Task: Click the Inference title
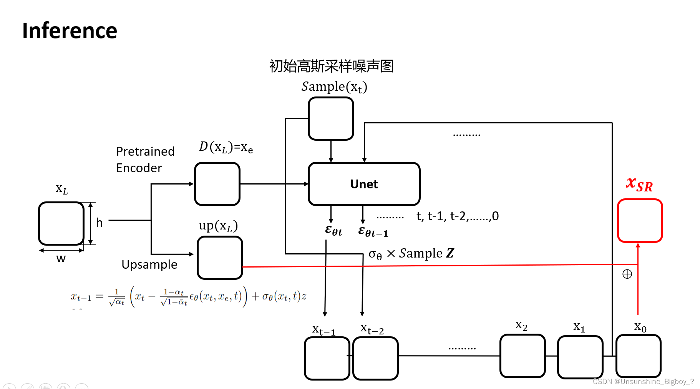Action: (70, 31)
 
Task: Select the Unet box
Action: (364, 184)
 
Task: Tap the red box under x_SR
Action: (640, 221)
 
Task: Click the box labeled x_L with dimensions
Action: (61, 223)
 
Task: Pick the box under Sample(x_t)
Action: (331, 118)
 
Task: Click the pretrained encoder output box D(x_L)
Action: (217, 184)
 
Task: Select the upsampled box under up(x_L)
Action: (220, 258)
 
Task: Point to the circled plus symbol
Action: (627, 274)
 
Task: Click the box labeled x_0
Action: (638, 356)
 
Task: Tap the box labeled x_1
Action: (580, 357)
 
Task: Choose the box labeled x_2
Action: (523, 356)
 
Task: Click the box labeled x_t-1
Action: (327, 358)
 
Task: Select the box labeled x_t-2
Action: (375, 358)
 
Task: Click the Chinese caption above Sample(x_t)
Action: (331, 66)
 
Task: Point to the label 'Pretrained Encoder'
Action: (145, 160)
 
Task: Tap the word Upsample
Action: (149, 264)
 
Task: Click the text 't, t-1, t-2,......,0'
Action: (458, 216)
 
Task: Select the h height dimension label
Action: (99, 223)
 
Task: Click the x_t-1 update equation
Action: (188, 297)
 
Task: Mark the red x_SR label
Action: (639, 184)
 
